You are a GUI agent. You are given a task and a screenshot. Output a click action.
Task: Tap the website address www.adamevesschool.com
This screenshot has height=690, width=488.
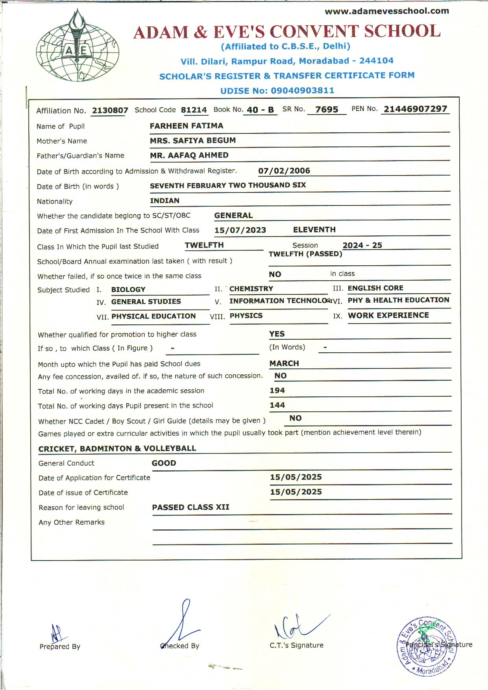[387, 11]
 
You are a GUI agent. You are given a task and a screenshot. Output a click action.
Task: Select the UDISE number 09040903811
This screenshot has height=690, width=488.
[302, 91]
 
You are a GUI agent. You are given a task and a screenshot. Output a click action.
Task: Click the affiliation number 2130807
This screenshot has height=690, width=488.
[110, 110]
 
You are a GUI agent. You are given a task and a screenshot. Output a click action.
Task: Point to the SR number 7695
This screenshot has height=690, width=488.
[327, 109]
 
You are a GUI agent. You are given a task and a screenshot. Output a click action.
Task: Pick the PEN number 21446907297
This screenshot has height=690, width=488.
[416, 109]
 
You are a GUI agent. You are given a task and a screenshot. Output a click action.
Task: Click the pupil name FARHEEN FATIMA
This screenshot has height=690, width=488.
[187, 126]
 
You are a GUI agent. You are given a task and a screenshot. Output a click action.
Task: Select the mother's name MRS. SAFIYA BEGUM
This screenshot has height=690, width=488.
[193, 140]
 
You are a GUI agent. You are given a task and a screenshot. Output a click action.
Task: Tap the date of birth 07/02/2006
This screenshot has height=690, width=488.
[284, 170]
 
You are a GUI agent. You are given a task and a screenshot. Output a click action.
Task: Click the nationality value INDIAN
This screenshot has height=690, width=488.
[165, 200]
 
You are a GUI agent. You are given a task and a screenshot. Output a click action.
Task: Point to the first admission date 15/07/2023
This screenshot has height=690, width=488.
[240, 230]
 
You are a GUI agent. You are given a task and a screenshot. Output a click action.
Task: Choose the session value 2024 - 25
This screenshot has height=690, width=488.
[362, 245]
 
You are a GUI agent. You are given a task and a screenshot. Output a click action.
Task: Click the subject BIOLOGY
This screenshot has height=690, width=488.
[128, 289]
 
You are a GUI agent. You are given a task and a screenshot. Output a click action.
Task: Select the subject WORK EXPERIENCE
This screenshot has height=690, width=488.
[388, 315]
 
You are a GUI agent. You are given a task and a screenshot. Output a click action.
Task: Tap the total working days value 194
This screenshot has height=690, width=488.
[277, 390]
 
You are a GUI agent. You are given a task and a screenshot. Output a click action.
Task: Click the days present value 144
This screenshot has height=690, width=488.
[277, 405]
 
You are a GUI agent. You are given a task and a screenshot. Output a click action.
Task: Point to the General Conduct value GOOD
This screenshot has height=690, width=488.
[164, 463]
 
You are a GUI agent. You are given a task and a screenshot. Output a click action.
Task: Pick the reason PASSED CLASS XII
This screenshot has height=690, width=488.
[190, 507]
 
